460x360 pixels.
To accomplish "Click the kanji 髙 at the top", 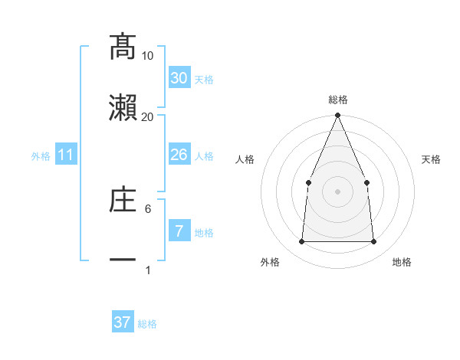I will click(123, 47).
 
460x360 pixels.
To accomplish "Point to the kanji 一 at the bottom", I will click(123, 260).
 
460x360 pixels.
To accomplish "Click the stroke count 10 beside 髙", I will click(147, 56).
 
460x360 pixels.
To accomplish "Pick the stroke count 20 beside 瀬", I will click(147, 116).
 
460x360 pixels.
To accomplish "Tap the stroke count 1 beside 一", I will click(147, 270).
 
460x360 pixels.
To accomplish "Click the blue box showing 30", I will click(179, 78).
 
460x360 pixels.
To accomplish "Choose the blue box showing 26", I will click(179, 155).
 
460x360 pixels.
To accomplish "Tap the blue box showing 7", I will click(179, 231).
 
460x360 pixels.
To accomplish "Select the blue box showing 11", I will click(66, 155).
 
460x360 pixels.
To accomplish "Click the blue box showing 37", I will click(123, 322).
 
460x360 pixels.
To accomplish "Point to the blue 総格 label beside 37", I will click(147, 324).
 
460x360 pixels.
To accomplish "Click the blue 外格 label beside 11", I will click(41, 156).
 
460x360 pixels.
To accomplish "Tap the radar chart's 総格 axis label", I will click(337, 100).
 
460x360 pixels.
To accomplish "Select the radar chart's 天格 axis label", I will click(431, 159).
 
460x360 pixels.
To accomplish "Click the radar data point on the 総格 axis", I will click(337, 116).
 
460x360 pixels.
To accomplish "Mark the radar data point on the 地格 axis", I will click(373, 242).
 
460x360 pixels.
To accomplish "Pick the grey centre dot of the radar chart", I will click(337, 191).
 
